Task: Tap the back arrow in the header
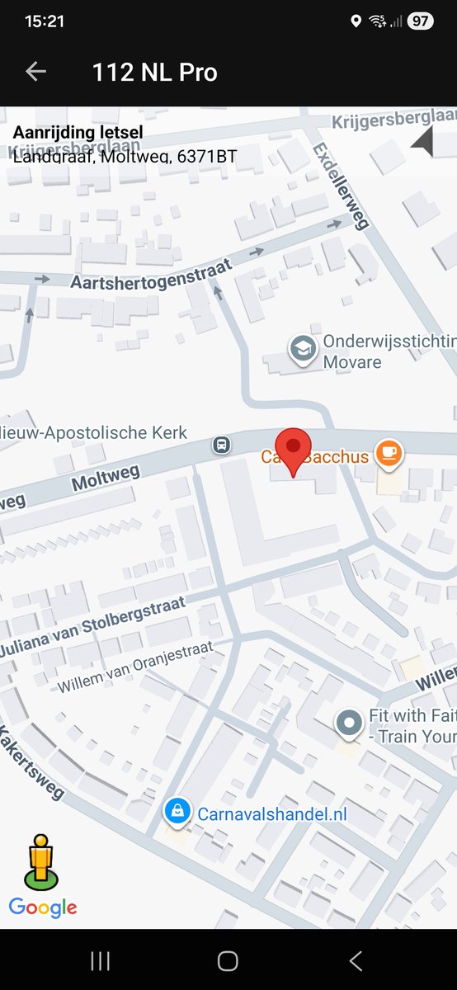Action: pyautogui.click(x=35, y=72)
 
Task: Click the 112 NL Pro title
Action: pyautogui.click(x=155, y=73)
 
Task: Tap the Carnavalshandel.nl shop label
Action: pyautogui.click(x=272, y=814)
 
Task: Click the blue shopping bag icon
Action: pyautogui.click(x=177, y=812)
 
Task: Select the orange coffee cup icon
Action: pyautogui.click(x=388, y=453)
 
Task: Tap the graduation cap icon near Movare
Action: pyautogui.click(x=303, y=350)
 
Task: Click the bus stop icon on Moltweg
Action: pyautogui.click(x=222, y=445)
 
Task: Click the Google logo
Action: pyautogui.click(x=43, y=907)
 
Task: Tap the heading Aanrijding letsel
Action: pyautogui.click(x=78, y=132)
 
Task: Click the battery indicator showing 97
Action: pyautogui.click(x=420, y=21)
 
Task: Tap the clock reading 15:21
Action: pyautogui.click(x=45, y=21)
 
